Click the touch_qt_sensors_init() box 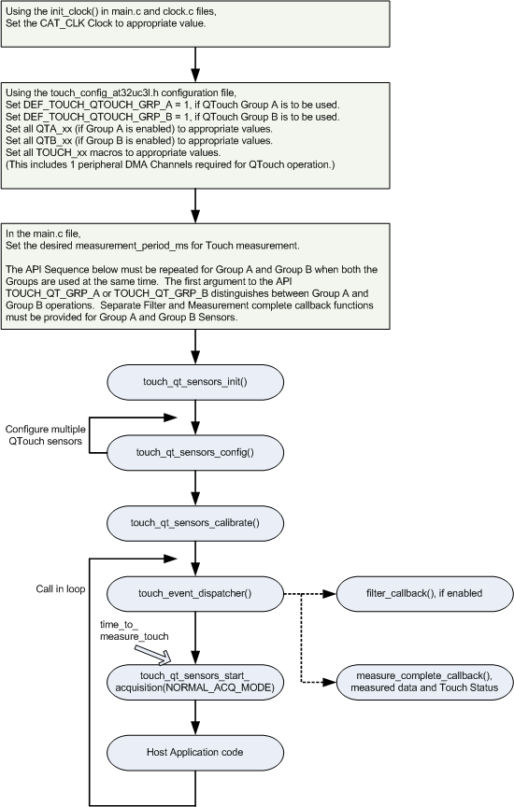pos(195,382)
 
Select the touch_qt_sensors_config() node pos(195,452)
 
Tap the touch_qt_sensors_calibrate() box pos(195,523)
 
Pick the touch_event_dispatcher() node pos(195,593)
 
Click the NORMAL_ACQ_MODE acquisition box pos(195,682)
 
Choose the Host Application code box pos(195,752)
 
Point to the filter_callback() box pos(424,593)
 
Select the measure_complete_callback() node pos(424,682)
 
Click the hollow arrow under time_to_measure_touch pos(153,653)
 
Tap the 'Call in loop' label pos(61,588)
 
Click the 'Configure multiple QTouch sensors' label pos(45,435)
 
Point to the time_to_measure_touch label pos(134,630)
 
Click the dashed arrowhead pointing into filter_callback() pos(330,594)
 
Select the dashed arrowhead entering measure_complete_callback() pos(330,683)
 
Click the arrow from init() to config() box pos(195,417)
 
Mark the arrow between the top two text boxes pos(195,64)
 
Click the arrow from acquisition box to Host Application pos(195,717)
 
